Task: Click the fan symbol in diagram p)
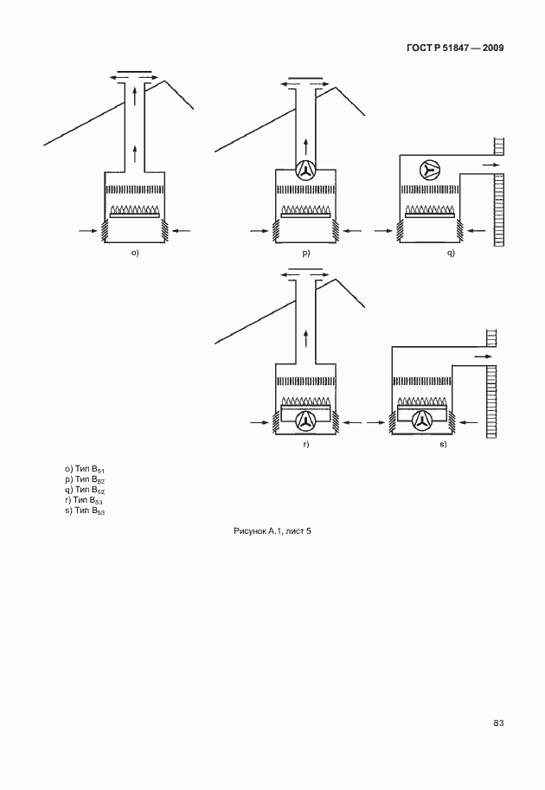(x=305, y=170)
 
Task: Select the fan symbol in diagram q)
(x=429, y=170)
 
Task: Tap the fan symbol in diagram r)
(x=305, y=421)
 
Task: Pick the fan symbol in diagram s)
(x=422, y=421)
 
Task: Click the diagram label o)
(x=135, y=253)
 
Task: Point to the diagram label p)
(x=305, y=253)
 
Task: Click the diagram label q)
(x=451, y=253)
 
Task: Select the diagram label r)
(x=305, y=445)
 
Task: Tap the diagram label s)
(x=443, y=445)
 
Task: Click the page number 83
(x=498, y=723)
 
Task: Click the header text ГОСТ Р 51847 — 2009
(x=455, y=48)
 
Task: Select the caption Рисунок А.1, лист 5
(x=272, y=530)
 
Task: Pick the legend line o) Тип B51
(x=85, y=470)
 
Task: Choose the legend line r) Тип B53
(x=85, y=500)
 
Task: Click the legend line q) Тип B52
(x=85, y=490)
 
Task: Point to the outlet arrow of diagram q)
(x=490, y=164)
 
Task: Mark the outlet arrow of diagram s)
(x=483, y=356)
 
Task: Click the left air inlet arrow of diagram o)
(x=88, y=231)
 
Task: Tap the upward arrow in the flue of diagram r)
(x=305, y=338)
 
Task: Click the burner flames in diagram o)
(x=134, y=209)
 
